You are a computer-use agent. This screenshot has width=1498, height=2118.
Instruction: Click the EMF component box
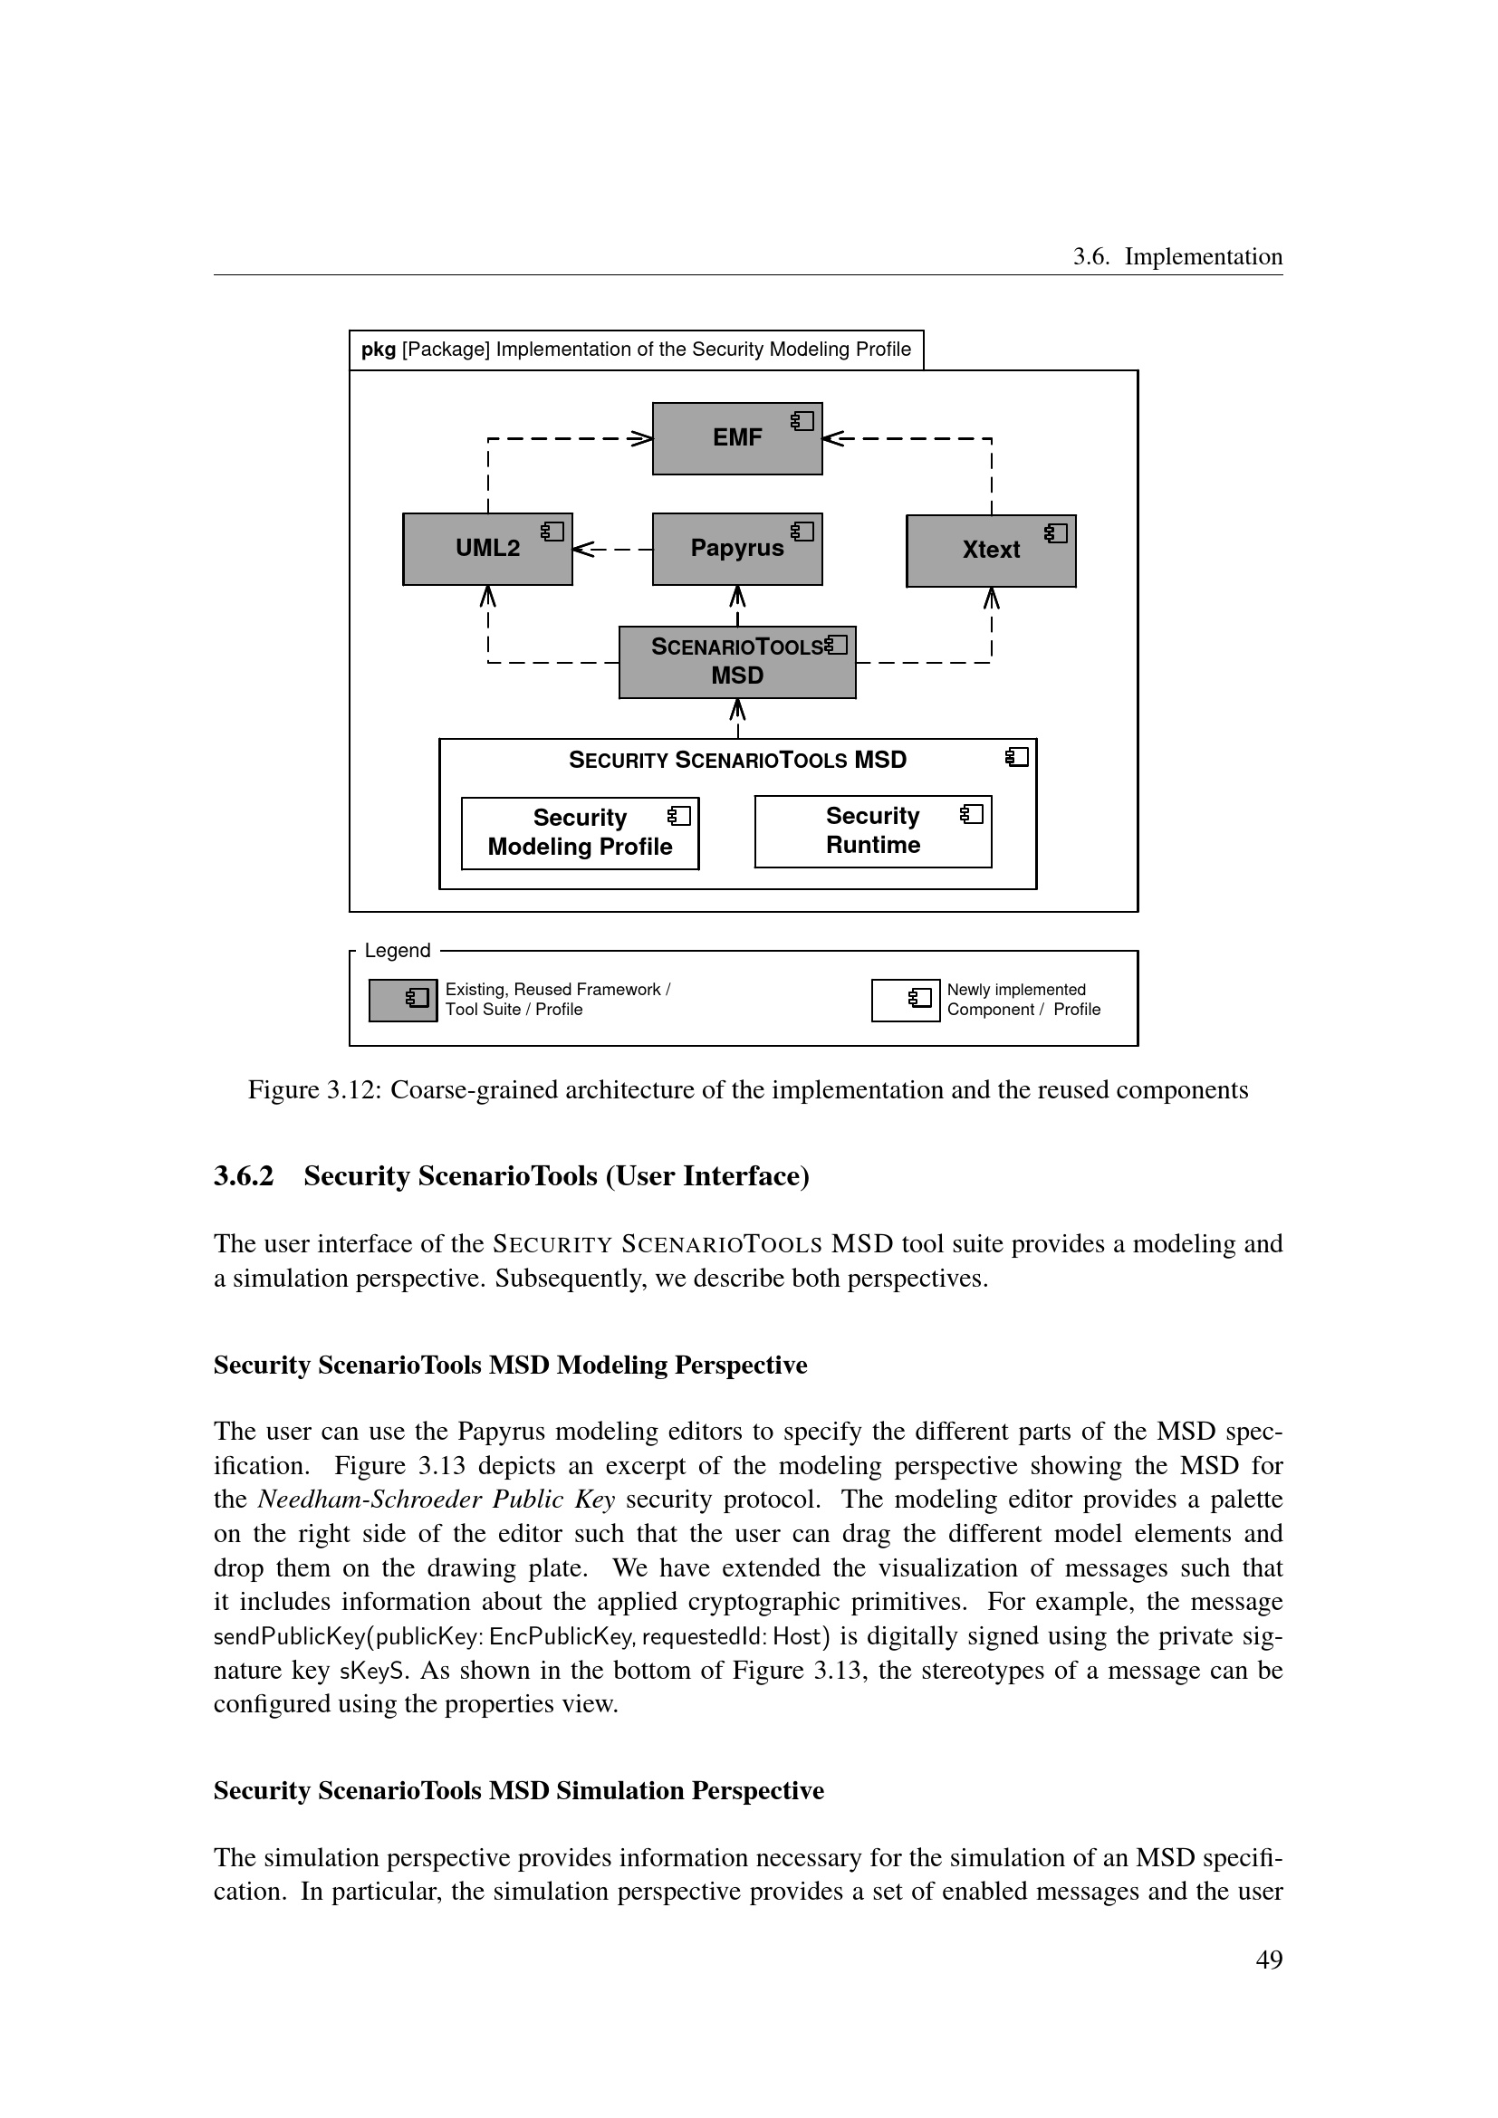pos(736,438)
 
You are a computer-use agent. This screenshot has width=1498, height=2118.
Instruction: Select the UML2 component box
pos(487,549)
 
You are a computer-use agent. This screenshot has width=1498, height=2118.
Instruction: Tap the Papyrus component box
pos(736,549)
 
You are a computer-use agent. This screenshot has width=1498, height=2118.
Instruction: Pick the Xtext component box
pos(991,551)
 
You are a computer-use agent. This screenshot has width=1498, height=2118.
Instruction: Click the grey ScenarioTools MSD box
pos(736,662)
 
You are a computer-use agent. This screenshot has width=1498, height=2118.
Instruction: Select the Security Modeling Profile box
pos(580,833)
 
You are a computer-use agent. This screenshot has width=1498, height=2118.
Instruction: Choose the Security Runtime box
pos(872,831)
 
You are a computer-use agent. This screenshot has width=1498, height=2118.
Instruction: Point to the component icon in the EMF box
pos(802,422)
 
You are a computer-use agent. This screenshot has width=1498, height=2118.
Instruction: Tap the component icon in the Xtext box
pos(1056,533)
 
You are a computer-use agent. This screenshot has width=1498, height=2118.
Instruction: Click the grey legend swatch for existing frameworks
pos(403,1000)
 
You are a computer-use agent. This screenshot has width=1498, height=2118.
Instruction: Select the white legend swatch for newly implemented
pos(905,1000)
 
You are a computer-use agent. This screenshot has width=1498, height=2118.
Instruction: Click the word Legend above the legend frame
pos(398,951)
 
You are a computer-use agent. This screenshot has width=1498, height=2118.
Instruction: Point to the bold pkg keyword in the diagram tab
pos(379,350)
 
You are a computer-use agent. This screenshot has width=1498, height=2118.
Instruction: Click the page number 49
pos(1268,1960)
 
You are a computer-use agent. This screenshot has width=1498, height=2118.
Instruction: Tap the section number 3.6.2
pos(244,1176)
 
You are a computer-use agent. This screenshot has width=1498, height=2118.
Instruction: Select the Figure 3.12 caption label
pos(313,1090)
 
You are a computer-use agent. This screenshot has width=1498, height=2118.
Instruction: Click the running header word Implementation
pos(1203,256)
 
